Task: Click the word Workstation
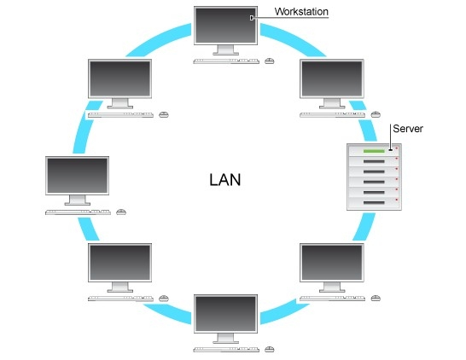(301, 11)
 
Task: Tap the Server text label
(407, 128)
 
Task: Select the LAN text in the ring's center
(225, 180)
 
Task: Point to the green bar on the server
(373, 152)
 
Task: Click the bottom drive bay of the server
(373, 201)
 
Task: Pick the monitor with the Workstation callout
(224, 26)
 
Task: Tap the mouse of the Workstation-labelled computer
(270, 61)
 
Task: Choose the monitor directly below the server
(331, 264)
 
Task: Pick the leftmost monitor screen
(77, 177)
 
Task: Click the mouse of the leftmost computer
(121, 212)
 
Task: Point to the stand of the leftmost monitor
(78, 201)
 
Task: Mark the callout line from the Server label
(390, 139)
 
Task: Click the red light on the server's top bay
(396, 149)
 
